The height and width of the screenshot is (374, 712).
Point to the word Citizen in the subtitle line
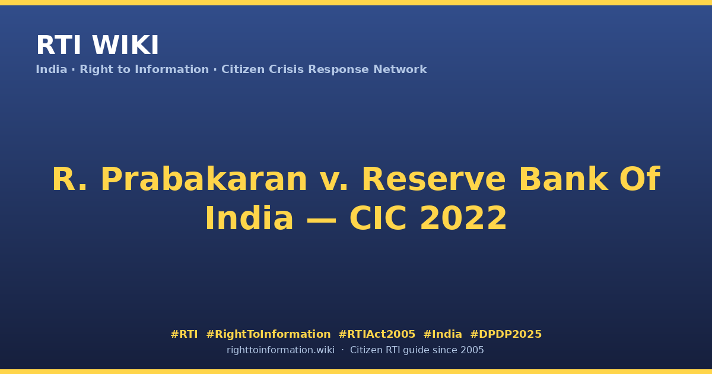(x=243, y=69)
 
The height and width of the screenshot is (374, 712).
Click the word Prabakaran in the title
(x=204, y=179)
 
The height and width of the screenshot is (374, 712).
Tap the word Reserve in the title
(x=434, y=179)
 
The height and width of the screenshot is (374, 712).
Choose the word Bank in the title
(x=564, y=179)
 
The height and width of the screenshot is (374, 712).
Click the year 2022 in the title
(x=463, y=218)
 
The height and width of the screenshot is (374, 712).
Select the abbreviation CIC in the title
(x=378, y=218)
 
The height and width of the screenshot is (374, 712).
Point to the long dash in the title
(x=322, y=220)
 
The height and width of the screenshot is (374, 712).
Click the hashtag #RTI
(x=184, y=334)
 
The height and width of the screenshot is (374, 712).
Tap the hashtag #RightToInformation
(x=268, y=335)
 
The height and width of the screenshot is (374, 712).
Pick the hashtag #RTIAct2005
(x=377, y=334)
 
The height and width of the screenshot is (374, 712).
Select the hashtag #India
(x=443, y=334)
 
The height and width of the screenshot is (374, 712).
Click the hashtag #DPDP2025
(x=506, y=334)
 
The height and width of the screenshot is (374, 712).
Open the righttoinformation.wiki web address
(x=281, y=350)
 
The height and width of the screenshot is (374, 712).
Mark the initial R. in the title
(x=69, y=179)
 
